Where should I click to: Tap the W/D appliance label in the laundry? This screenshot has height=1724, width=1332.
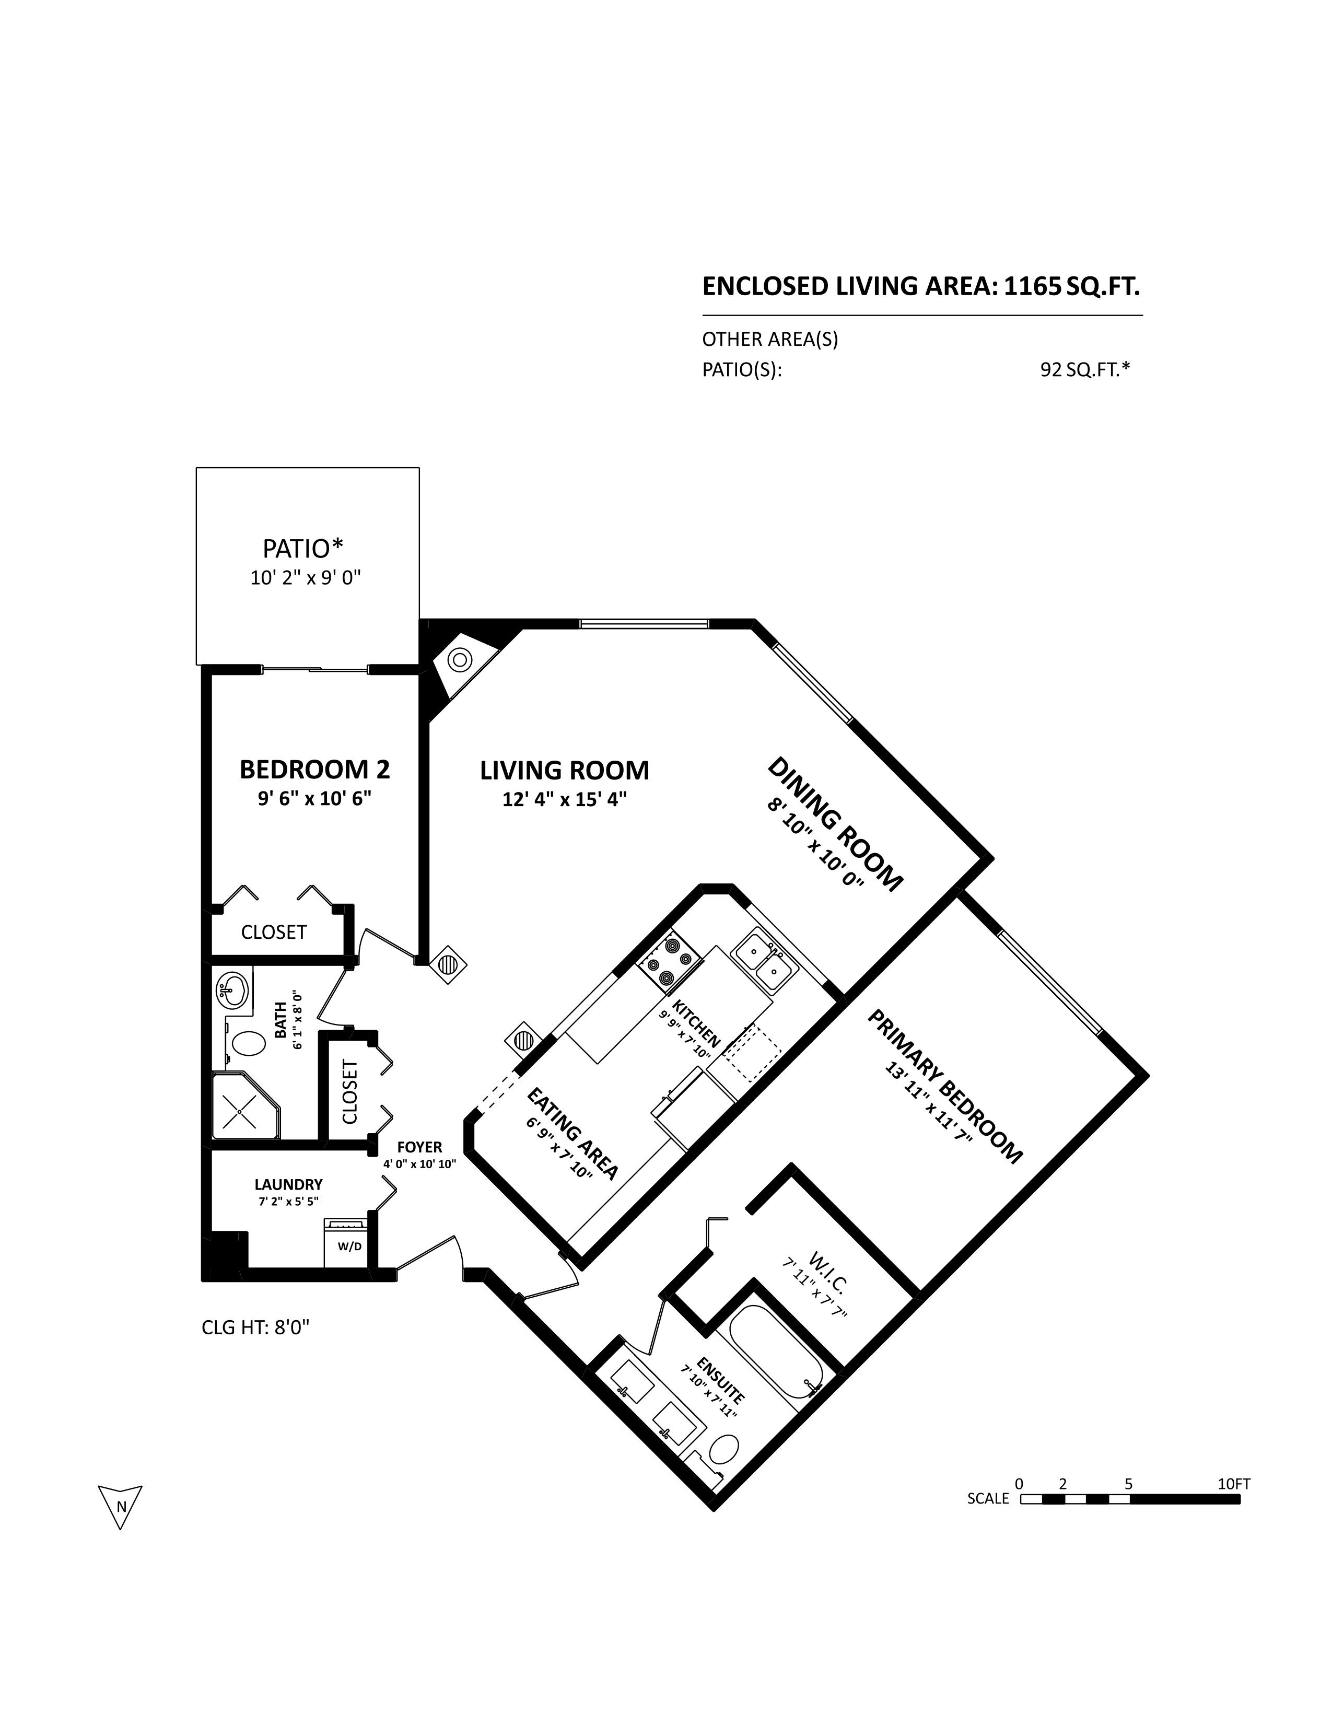click(349, 1247)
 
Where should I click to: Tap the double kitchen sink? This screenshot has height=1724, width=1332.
click(762, 961)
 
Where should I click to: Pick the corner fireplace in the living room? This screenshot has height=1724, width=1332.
click(462, 661)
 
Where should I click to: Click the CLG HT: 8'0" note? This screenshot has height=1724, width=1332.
click(255, 1327)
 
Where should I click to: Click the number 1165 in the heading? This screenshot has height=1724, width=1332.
click(1031, 286)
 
